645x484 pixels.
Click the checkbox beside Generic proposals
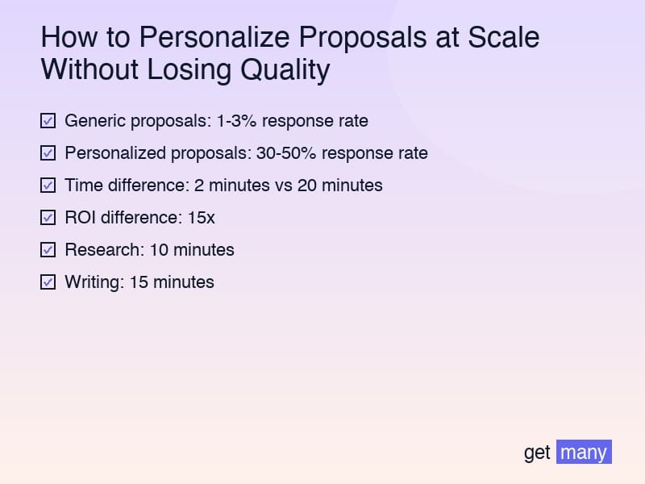[x=48, y=121]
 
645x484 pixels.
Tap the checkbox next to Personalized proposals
[x=48, y=153]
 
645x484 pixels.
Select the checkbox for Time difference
[x=48, y=186]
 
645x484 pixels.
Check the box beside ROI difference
[x=48, y=218]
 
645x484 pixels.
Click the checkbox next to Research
[x=48, y=250]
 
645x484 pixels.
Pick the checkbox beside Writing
[x=48, y=282]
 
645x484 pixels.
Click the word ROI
[x=81, y=218]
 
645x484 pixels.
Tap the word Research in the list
[x=102, y=250]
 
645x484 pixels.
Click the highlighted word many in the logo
[x=584, y=453]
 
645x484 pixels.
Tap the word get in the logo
[x=537, y=453]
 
